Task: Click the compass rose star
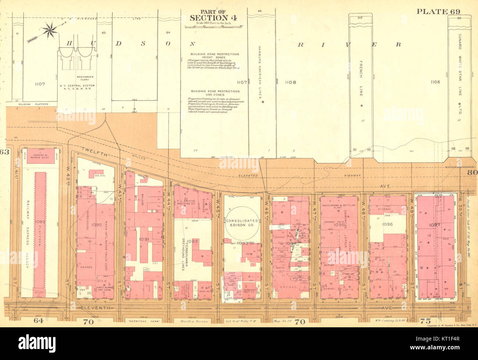[50, 30]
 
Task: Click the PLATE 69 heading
[438, 11]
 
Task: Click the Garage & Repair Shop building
[43, 155]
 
